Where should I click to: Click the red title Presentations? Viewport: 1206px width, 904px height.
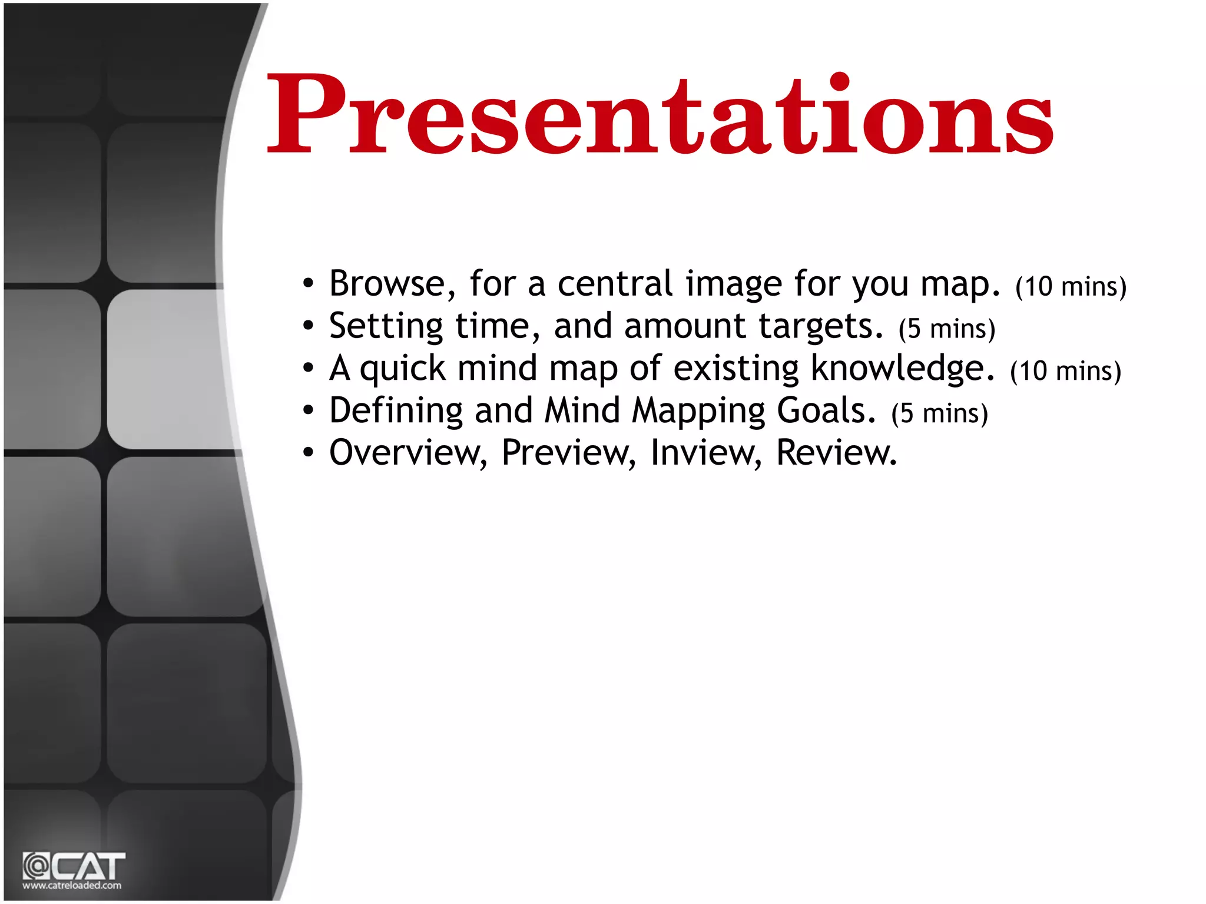[660, 115]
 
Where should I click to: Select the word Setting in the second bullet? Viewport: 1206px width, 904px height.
[386, 326]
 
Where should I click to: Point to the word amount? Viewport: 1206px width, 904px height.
[685, 326]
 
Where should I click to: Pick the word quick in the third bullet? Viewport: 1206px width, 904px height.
[403, 369]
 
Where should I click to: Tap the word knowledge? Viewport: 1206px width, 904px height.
[902, 369]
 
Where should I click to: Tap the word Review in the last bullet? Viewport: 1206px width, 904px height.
[836, 453]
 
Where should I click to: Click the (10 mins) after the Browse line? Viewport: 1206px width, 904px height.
[1071, 287]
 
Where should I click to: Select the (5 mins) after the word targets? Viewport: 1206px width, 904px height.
[946, 329]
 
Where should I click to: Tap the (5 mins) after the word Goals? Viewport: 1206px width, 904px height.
[939, 413]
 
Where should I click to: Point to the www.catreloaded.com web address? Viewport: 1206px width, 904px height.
[72, 885]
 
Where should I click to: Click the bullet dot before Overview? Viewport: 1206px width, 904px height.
[308, 453]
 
